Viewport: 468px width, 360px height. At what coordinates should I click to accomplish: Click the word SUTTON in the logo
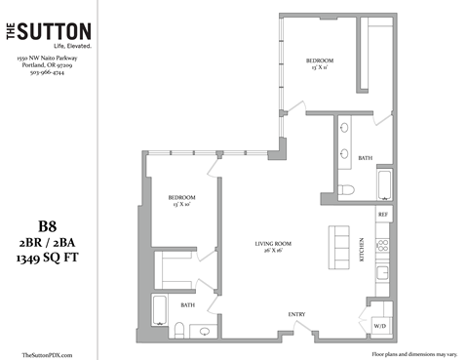click(x=58, y=31)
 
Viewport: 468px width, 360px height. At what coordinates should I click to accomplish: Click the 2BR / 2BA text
click(x=47, y=240)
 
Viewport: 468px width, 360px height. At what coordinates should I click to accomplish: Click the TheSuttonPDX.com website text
click(x=47, y=354)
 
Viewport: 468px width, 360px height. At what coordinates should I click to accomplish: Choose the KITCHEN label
click(x=362, y=251)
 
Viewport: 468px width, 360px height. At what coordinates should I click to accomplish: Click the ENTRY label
click(x=297, y=313)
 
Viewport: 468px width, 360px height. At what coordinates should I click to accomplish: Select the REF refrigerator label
click(x=383, y=213)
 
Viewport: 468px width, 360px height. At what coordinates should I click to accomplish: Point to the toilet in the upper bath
click(x=347, y=190)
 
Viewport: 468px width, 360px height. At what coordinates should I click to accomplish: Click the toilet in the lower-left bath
click(x=205, y=332)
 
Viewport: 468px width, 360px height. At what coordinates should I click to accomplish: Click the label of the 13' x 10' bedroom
click(x=182, y=200)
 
